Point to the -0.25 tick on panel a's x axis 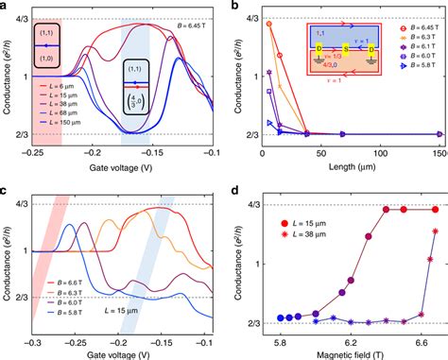34,151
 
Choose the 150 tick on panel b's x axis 440,151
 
